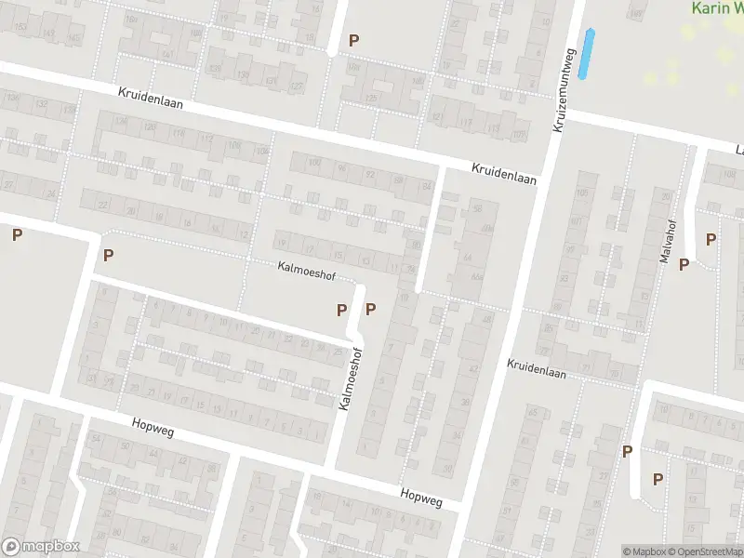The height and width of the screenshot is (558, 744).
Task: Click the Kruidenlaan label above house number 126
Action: click(151, 97)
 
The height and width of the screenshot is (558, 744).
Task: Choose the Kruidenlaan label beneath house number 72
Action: click(537, 368)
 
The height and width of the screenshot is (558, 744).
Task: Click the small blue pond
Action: click(587, 53)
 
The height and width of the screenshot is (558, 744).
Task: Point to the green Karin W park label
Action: click(717, 7)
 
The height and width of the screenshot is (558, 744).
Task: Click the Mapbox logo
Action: click(40, 547)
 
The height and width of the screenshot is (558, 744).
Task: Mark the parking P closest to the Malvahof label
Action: click(684, 265)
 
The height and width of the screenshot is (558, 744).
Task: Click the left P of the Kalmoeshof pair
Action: click(341, 309)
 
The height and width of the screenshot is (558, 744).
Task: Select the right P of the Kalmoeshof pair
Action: click(371, 309)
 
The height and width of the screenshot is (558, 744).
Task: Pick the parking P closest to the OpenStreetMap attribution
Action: click(658, 479)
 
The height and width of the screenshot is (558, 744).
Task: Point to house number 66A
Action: click(476, 276)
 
